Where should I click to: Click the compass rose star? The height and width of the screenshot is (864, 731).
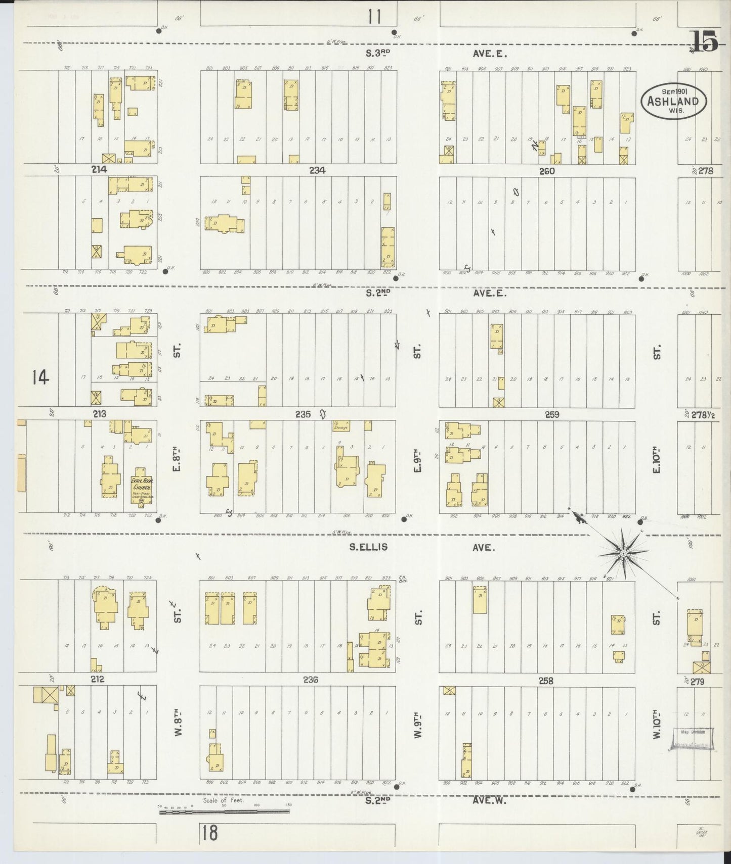coord(623,554)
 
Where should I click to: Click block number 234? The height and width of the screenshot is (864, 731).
coord(317,170)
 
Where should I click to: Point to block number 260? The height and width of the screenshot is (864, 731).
coord(546,171)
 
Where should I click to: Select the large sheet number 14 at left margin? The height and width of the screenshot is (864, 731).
coord(40,377)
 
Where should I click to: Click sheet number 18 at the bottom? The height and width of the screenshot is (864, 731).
coord(209,833)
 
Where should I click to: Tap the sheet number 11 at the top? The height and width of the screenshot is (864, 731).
coord(374,17)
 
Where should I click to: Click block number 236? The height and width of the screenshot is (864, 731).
coord(310,680)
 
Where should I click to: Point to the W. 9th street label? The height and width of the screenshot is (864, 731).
coord(417,726)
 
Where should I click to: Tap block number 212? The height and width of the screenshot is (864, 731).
coord(97,679)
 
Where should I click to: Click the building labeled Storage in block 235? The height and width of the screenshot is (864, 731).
coord(342,426)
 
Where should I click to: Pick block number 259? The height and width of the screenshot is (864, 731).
coord(552,414)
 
